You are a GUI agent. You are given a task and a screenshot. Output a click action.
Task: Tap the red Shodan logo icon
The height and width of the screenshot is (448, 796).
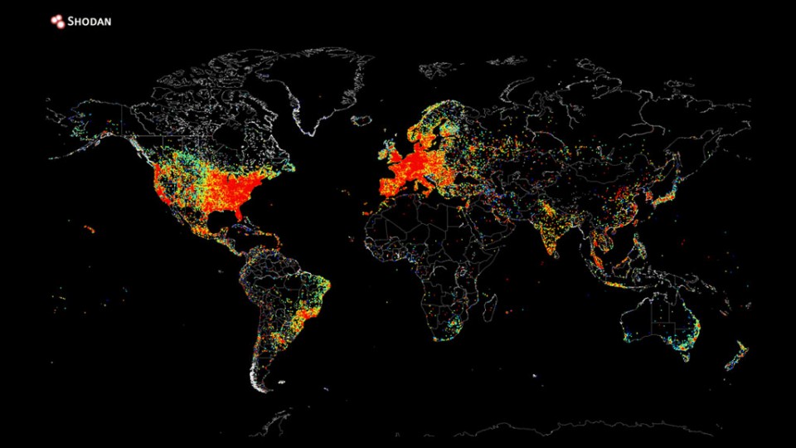coord(58,22)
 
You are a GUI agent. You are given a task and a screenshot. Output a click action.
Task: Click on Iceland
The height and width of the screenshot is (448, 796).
coord(362,120)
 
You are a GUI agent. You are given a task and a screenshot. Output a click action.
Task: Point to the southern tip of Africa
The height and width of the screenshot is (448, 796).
coord(440,337)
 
